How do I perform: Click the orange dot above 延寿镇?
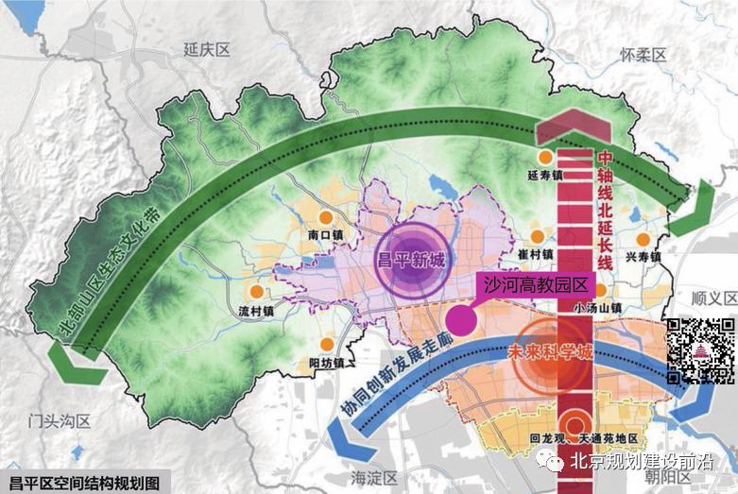(545, 158)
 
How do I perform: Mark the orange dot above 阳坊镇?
(327, 346)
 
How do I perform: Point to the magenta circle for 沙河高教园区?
(461, 319)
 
